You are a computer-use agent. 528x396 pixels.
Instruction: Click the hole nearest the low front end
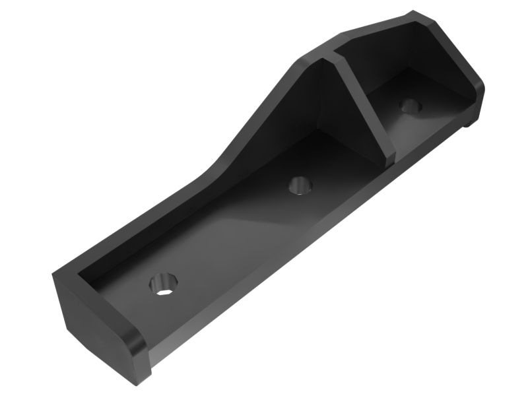tap(161, 285)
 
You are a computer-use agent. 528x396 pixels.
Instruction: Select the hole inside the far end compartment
tap(411, 105)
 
